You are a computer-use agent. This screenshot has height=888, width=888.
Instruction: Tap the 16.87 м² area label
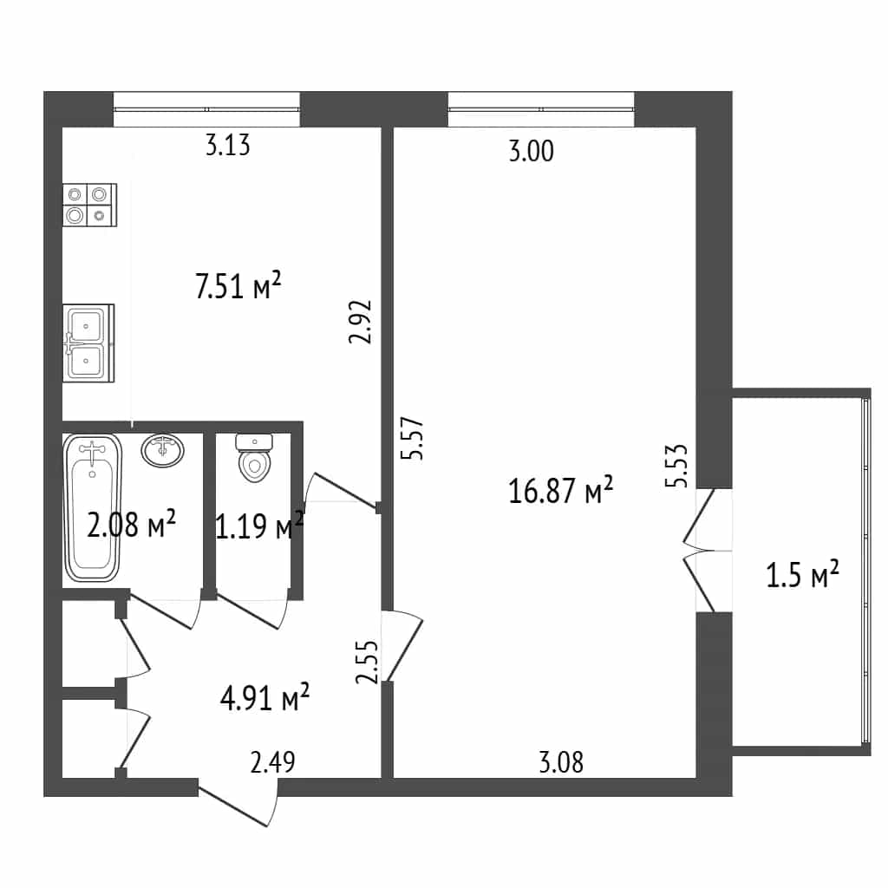click(x=561, y=490)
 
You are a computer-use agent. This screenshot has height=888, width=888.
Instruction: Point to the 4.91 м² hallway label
click(x=264, y=697)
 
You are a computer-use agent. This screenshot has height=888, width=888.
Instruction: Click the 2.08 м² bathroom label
click(x=132, y=524)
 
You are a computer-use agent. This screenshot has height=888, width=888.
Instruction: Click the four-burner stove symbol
click(x=90, y=205)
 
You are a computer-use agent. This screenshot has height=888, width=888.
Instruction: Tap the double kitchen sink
click(x=89, y=343)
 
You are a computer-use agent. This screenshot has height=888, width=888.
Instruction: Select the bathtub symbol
click(x=92, y=507)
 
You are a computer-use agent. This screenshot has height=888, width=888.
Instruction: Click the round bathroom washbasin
click(x=163, y=450)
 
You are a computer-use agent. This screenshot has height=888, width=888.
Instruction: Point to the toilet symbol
click(x=255, y=458)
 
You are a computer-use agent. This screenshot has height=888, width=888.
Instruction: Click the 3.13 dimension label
click(x=227, y=145)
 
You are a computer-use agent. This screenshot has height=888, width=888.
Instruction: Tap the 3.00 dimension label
click(x=532, y=151)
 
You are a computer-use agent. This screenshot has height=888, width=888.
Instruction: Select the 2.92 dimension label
click(x=360, y=322)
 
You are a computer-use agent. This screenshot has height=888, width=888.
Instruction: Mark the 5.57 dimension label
click(x=412, y=438)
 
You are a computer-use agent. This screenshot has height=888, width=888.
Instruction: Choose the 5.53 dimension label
click(x=676, y=466)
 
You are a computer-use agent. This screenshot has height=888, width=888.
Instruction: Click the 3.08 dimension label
click(x=561, y=762)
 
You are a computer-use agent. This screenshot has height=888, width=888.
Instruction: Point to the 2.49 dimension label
click(x=272, y=762)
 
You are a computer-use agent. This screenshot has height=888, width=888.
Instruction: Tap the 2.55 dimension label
click(x=367, y=662)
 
